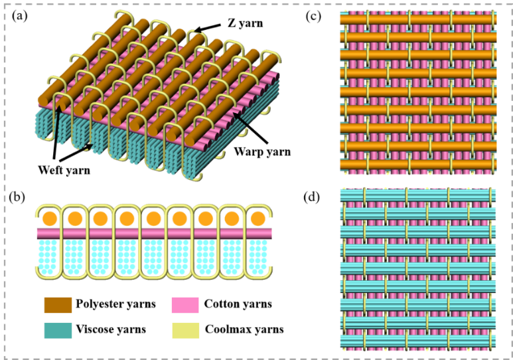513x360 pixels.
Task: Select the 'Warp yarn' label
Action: coord(262,151)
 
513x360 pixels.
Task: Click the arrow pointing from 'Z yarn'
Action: coord(210,29)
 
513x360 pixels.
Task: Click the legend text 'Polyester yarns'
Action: coord(115,304)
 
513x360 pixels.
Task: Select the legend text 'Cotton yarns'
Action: coord(238,304)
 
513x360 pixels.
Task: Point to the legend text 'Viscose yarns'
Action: coord(111,329)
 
